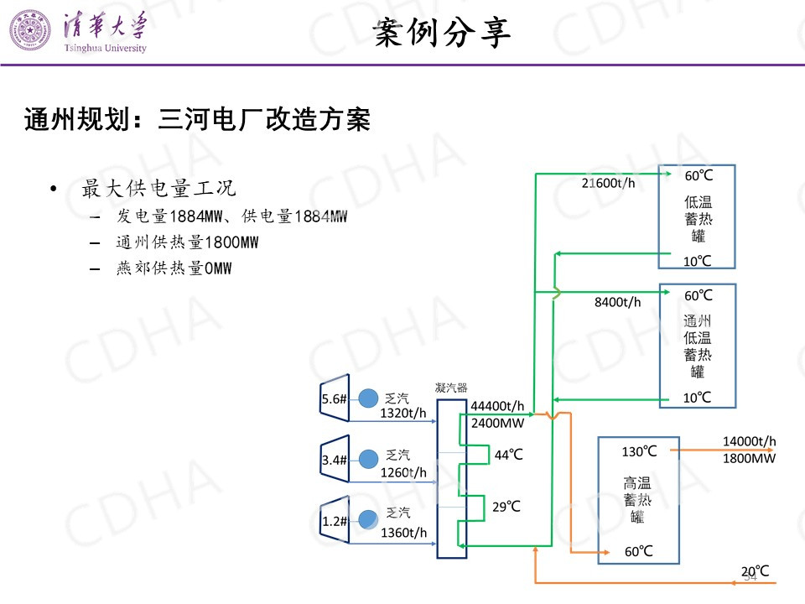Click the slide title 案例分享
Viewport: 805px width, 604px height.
pos(441,34)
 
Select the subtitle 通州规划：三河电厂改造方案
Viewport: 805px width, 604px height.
pos(198,120)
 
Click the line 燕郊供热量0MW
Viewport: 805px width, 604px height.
pos(174,268)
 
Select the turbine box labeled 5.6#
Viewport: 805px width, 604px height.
pos(334,399)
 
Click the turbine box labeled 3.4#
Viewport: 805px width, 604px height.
pos(334,459)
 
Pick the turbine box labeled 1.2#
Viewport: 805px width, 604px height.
pos(334,520)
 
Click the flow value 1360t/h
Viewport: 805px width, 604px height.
pos(403,533)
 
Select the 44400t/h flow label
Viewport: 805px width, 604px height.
pos(497,406)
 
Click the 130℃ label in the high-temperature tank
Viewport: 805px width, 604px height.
pos(639,451)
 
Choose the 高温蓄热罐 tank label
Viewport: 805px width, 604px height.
pos(637,499)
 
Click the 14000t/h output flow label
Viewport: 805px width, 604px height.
pos(749,441)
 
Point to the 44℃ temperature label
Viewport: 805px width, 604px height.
pos(508,455)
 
